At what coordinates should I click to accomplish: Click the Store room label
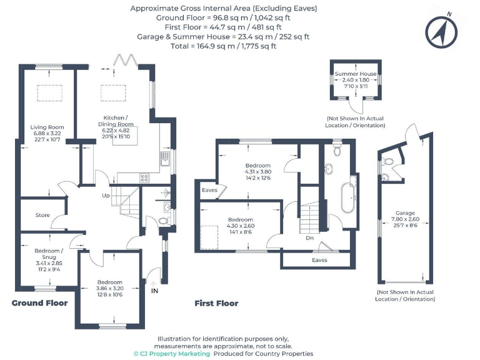coord(42,215)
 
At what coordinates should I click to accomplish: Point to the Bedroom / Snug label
coord(47,254)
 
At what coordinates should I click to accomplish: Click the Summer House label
coord(356,74)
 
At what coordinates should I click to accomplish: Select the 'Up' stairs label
coord(107,196)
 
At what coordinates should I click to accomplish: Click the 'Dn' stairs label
coord(309,238)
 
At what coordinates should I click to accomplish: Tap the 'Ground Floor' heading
coord(40,303)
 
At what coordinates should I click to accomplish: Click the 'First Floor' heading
coord(216,303)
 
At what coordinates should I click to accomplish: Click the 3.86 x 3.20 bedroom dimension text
coord(109,288)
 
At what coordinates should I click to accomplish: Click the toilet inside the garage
coord(387,161)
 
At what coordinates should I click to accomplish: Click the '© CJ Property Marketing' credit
coord(172,353)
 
